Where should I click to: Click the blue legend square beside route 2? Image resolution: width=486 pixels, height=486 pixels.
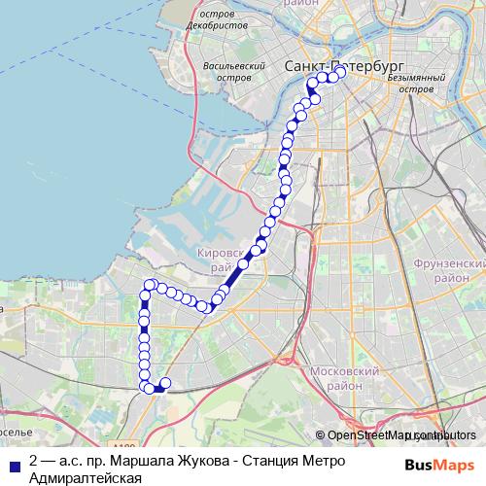click(x=15, y=462)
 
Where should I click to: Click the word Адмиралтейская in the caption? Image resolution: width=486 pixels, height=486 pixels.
click(x=86, y=476)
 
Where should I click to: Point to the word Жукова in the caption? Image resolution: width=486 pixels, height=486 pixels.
click(x=194, y=461)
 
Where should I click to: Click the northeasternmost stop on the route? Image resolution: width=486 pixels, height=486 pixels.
click(x=340, y=72)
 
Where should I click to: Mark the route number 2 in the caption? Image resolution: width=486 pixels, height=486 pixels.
click(x=35, y=461)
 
